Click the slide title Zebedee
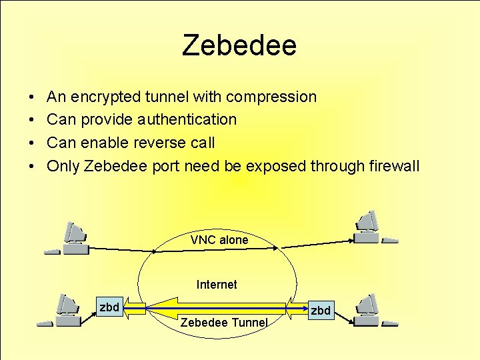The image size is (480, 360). pos(239,45)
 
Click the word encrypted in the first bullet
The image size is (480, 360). pos(105,97)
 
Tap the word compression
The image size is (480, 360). pos(271,97)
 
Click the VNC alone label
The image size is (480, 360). pos(219,240)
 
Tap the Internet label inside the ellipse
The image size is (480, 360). pos(217,285)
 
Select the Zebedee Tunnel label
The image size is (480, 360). pos(224,323)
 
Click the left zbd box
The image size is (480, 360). pos(109,307)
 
